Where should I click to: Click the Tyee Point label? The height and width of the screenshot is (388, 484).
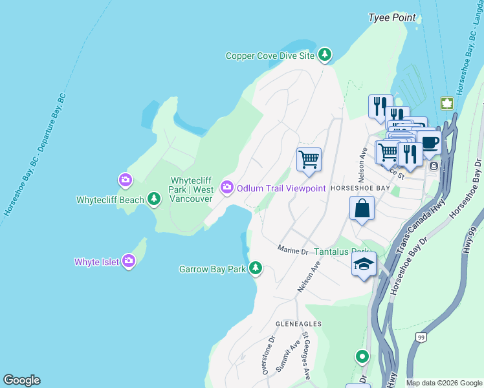point(392,17)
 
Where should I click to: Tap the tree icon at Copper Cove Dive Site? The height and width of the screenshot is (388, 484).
point(325,56)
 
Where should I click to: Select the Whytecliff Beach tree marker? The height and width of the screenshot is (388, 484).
point(154,199)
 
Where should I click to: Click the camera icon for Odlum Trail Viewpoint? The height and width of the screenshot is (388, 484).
point(226,188)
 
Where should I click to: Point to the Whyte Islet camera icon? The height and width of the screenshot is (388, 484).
point(129,261)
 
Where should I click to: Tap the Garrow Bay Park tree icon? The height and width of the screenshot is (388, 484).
point(256,268)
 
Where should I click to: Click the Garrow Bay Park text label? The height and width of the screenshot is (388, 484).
point(212,268)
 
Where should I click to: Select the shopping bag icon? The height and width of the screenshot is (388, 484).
point(362,209)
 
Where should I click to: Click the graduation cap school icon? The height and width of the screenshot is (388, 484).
point(364,264)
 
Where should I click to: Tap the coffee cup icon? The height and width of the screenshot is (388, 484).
point(428,142)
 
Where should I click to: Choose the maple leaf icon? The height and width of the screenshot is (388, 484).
point(446,103)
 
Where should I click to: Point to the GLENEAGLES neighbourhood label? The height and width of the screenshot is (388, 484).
point(298,323)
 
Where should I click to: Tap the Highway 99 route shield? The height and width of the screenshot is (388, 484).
point(421,337)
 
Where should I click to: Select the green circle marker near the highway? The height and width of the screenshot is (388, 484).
point(362,356)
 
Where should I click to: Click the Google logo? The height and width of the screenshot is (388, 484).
point(21,380)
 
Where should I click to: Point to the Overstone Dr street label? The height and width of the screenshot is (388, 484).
point(267,354)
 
